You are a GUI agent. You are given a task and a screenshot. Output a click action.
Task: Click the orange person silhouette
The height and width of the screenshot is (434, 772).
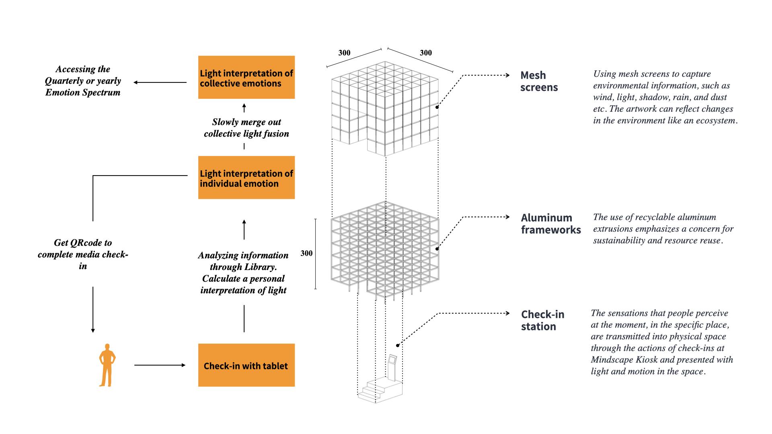[x=107, y=365]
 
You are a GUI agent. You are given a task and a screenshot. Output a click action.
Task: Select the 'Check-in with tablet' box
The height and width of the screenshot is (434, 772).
[x=246, y=365]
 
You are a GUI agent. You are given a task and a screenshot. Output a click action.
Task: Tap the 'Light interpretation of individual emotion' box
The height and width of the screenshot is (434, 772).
[x=246, y=178]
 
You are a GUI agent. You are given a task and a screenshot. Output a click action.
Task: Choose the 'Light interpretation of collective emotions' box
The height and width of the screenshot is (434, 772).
[x=246, y=78]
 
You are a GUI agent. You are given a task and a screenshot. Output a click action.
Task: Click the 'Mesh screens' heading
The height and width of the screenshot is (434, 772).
[x=539, y=82]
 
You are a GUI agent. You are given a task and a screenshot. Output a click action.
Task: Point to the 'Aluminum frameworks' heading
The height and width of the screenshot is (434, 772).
[x=550, y=224]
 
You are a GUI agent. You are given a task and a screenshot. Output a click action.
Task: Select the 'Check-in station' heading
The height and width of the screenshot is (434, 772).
[x=542, y=320]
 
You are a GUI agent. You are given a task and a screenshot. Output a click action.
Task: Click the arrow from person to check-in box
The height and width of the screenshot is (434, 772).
[x=160, y=365]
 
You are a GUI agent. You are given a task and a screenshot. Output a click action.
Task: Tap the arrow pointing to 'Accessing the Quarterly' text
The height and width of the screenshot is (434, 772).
[x=160, y=82]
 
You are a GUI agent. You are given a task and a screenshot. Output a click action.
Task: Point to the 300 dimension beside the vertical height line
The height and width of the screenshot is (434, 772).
[x=306, y=254]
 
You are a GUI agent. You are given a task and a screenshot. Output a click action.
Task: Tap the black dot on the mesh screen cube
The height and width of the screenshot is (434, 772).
[x=437, y=107]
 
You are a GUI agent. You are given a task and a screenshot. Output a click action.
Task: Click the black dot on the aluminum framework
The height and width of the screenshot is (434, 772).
[x=437, y=249]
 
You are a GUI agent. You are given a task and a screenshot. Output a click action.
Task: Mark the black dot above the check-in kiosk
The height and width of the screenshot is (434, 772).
[x=398, y=345]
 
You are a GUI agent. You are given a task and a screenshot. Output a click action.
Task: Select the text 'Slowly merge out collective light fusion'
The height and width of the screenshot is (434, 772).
[x=246, y=128]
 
